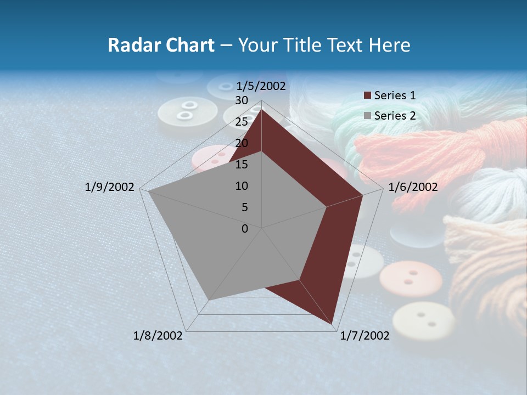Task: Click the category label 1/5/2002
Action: point(261,86)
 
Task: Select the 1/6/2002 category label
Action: point(413,187)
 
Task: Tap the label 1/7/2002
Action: point(365,335)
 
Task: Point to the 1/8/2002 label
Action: point(158,335)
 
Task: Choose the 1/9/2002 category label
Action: point(110,187)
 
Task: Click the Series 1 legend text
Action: point(395,95)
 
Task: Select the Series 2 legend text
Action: point(395,116)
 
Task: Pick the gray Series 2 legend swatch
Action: point(368,116)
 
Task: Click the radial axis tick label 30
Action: point(242,100)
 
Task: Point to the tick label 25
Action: point(242,122)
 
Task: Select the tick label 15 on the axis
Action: point(242,165)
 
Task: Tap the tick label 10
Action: point(242,186)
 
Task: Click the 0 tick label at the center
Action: point(245,229)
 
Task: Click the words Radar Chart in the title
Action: point(161,46)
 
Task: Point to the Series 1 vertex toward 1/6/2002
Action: point(363,195)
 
